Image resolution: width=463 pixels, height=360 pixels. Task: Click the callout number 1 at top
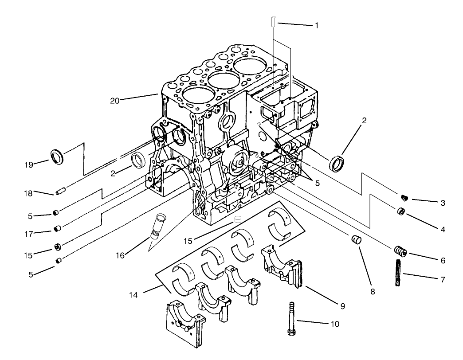pyautogui.click(x=317, y=25)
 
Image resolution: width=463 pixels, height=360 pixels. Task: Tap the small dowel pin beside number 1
pyautogui.click(x=273, y=21)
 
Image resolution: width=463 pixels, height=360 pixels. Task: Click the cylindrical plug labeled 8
pyautogui.click(x=355, y=241)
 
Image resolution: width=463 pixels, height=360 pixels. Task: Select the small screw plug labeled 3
pyautogui.click(x=403, y=197)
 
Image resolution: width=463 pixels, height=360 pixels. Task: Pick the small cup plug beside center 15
pyautogui.click(x=238, y=219)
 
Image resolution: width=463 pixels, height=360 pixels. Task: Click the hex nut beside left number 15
pyautogui.click(x=57, y=247)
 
